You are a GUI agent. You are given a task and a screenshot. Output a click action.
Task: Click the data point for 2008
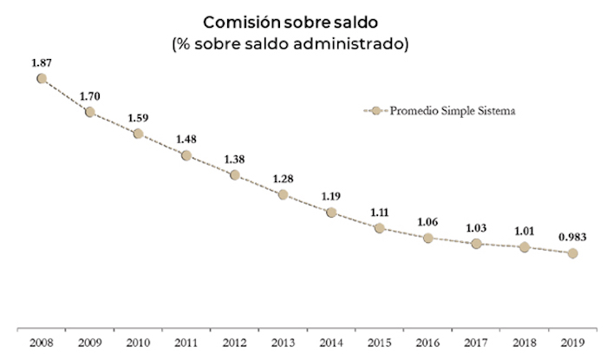[x=42, y=79]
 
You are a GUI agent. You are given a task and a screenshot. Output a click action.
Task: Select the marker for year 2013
[x=283, y=194]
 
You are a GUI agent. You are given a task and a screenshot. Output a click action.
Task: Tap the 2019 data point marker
[x=572, y=253]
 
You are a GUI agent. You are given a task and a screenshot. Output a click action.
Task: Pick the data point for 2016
[x=428, y=238]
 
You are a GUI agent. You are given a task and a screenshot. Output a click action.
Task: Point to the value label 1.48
[x=186, y=138]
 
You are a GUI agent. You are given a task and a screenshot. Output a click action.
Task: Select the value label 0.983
[x=571, y=235]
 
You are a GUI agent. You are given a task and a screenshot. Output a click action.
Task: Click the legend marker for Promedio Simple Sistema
[x=375, y=111]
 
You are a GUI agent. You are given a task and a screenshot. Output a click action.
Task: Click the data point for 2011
[x=186, y=155]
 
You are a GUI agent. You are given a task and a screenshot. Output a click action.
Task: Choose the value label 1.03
[x=475, y=226]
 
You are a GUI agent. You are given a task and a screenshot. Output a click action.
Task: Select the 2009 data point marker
[x=90, y=112]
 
